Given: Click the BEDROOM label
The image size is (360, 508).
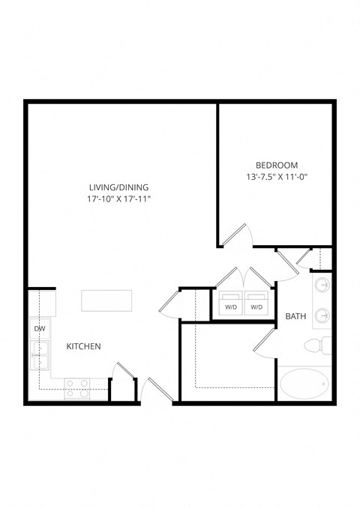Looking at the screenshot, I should click(x=277, y=166).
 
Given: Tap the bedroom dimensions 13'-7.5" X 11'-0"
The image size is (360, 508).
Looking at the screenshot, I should click(x=277, y=178).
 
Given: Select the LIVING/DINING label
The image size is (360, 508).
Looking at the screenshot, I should click(x=118, y=187).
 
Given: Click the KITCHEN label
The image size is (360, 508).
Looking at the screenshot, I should click(x=84, y=346).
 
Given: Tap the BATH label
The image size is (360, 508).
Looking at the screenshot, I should click(x=295, y=317).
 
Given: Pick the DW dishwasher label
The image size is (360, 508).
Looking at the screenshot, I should click(x=38, y=329).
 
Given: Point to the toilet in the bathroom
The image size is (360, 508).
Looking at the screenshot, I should click(x=318, y=346).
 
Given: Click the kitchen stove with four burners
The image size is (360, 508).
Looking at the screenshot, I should click(x=76, y=387).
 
